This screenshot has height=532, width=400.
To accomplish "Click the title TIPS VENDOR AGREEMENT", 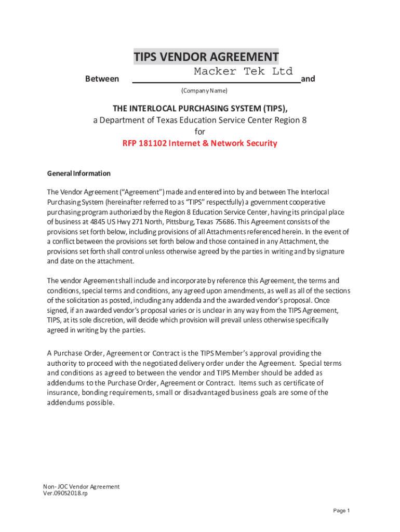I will (206, 57).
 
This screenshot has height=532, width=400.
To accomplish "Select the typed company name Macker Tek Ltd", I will (243, 71).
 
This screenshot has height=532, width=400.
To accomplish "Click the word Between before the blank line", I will (102, 79).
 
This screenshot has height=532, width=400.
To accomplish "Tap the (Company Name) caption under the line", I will (204, 91).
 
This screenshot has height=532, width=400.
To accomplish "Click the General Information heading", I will (78, 174).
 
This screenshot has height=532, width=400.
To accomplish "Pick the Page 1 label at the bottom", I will (342, 511).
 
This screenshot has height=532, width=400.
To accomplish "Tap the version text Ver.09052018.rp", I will (65, 494).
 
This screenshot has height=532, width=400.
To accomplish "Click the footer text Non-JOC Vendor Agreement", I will (81, 487).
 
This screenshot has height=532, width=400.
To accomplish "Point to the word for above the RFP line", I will (200, 132).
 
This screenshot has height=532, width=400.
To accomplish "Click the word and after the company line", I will (308, 79).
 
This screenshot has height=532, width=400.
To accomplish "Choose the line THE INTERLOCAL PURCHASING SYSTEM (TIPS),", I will (200, 108).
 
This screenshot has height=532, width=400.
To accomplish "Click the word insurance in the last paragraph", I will (64, 393).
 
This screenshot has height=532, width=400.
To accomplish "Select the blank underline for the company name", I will (216, 82).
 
